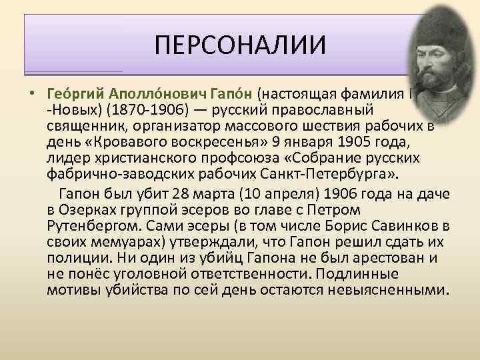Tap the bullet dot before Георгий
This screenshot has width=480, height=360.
point(31,91)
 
